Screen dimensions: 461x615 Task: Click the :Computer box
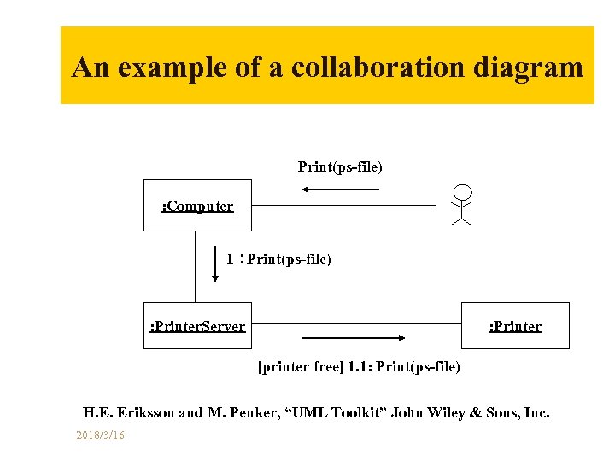197,206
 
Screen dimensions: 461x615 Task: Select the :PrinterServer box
197,325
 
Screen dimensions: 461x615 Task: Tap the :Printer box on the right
515,325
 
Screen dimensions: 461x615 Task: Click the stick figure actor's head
462,191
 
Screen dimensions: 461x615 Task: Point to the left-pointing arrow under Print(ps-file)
340,189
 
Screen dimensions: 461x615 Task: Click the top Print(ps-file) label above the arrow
340,166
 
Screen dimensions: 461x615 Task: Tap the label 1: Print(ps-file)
279,259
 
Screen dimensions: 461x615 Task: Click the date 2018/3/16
100,435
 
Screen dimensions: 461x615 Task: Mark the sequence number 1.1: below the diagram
359,367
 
